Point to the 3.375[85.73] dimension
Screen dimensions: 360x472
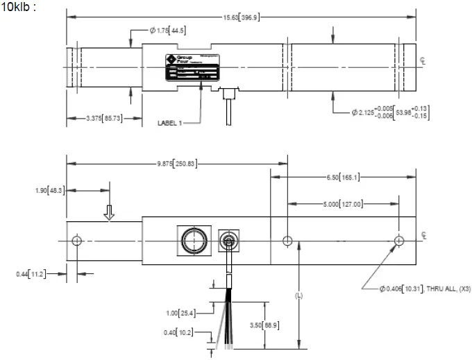tap(94, 119)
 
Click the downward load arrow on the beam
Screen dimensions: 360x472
tap(109, 212)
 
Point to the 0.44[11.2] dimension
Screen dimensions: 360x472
tap(32, 274)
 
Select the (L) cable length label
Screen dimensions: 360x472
tap(299, 295)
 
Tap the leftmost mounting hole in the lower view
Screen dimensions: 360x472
tap(76, 241)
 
